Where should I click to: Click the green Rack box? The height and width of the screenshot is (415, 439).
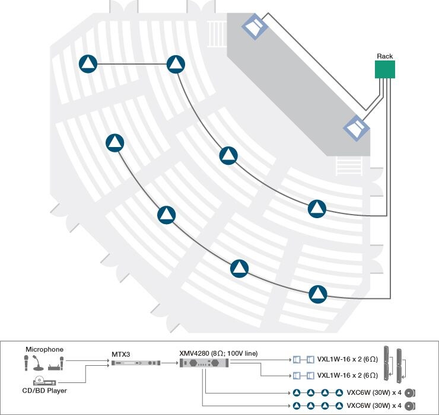[385, 69]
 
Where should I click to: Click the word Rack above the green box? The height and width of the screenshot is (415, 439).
[385, 56]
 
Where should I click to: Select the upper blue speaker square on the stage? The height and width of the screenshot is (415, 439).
[255, 27]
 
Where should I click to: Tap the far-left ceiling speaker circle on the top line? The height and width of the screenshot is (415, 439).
[88, 64]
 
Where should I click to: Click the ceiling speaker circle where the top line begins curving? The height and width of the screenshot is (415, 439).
[176, 64]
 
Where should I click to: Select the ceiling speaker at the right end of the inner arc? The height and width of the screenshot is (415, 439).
[317, 209]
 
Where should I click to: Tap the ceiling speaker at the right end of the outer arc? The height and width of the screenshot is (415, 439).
[318, 293]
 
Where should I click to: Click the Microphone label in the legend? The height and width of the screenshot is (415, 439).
[44, 349]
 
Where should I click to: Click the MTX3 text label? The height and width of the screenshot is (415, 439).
[120, 353]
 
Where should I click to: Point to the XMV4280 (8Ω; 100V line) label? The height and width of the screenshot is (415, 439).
[218, 353]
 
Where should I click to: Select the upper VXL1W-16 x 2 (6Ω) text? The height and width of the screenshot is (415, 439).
[347, 359]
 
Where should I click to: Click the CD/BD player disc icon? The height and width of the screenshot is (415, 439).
[39, 381]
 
